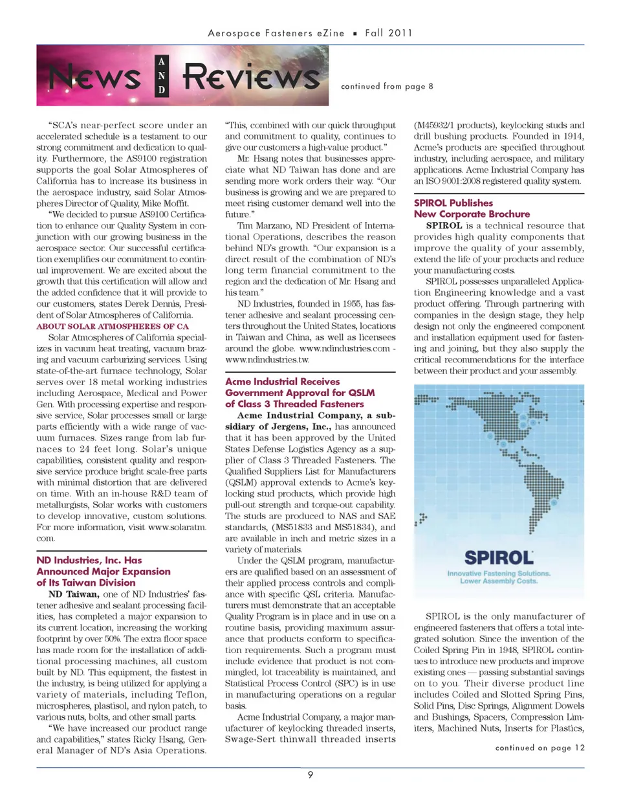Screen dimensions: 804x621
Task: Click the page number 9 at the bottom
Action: coord(310,775)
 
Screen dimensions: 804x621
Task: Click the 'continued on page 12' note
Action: coord(539,748)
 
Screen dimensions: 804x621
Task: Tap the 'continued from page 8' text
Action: coord(387,86)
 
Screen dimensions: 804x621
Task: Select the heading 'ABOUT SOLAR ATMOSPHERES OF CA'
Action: coord(113,326)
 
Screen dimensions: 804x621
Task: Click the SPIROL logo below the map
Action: coord(499,557)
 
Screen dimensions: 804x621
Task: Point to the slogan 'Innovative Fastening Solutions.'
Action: coord(499,573)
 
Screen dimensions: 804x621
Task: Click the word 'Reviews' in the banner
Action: coord(251,77)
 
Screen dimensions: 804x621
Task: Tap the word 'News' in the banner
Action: coord(95,78)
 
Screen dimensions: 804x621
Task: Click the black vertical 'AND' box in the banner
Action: coord(162,76)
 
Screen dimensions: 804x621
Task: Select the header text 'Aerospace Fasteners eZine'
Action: coord(276,33)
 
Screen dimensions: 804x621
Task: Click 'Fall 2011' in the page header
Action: coord(388,33)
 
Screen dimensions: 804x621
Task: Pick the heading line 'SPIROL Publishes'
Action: coord(453,203)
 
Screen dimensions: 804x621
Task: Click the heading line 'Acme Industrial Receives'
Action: coord(282,382)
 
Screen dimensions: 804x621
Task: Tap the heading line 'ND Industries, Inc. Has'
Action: coord(89,561)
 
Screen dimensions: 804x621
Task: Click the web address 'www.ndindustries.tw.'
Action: coord(267,359)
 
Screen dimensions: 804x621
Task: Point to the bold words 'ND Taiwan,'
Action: coord(73,594)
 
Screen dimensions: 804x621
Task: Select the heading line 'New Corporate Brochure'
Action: coord(472,214)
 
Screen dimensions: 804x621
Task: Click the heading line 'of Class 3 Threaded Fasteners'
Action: coord(294,404)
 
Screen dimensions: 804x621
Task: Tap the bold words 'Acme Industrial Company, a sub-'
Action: coord(316,416)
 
